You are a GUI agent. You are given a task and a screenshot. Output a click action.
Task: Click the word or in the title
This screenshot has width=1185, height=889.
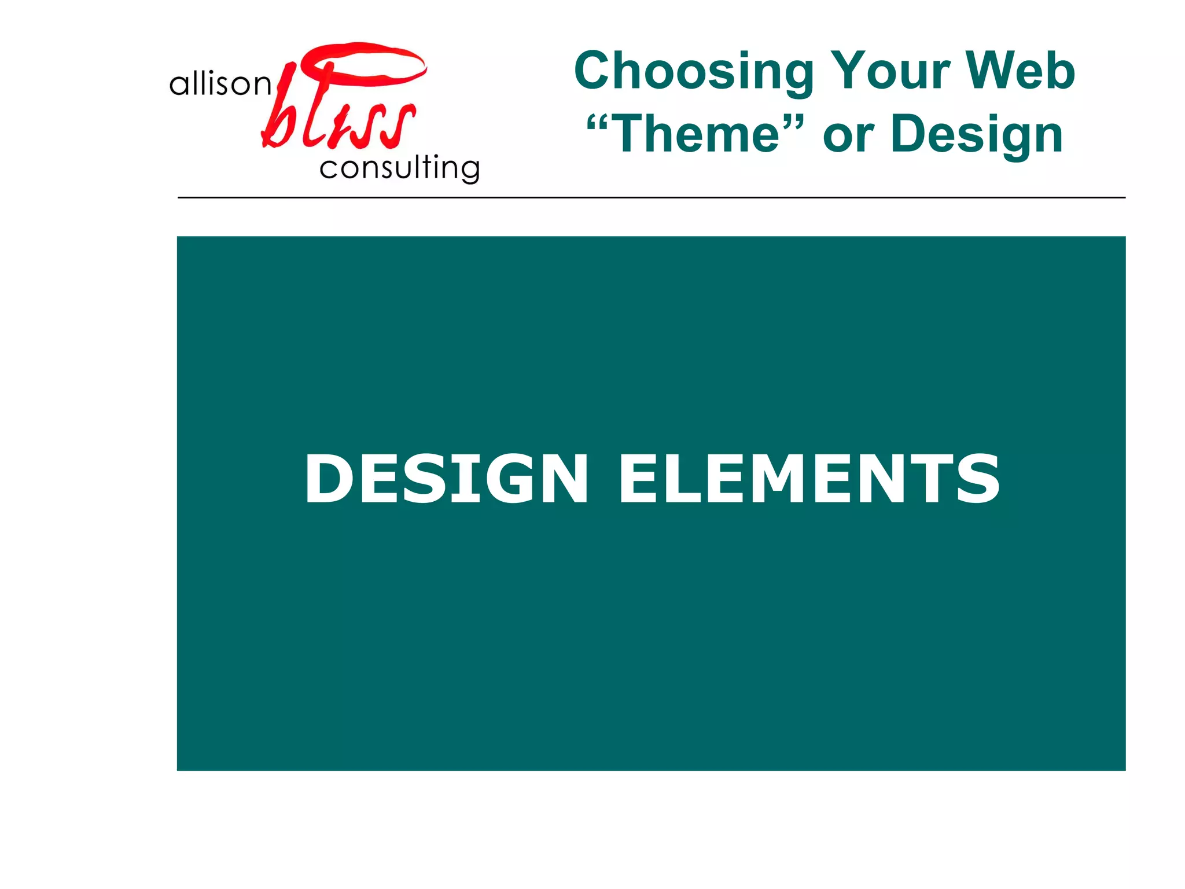(848, 137)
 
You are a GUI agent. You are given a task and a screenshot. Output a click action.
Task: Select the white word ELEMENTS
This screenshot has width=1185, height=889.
(809, 479)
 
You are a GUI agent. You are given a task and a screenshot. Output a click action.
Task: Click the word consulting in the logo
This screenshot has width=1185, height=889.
(399, 168)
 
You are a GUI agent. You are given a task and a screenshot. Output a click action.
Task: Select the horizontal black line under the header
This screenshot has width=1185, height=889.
(651, 197)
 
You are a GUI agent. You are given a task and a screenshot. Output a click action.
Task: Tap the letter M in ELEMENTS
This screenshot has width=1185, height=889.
(781, 479)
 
